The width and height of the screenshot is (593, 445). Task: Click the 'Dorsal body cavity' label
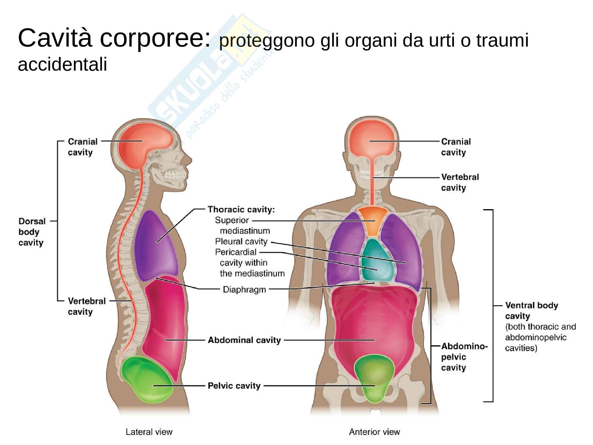pos(32,232)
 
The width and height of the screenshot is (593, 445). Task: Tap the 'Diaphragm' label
pos(244,290)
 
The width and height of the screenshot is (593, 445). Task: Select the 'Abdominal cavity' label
pos(244,340)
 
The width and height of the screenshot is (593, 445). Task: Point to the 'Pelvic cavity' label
pos(234,386)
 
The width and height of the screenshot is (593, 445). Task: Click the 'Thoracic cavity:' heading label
pos(241,210)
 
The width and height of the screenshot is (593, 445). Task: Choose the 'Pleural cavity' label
pos(241,241)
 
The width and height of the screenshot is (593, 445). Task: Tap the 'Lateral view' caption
pos(149,432)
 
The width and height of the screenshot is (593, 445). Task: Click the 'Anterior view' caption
pos(374,432)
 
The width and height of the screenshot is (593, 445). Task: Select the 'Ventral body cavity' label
pos(531,311)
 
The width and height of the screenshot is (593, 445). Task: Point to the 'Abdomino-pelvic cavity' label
pos(464,357)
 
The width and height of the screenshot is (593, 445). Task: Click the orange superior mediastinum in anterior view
pos(372,221)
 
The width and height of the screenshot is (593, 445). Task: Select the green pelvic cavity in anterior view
pos(374,377)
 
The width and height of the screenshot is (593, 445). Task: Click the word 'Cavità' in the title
pos(55,39)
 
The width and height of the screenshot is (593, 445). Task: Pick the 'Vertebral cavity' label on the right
pos(460,182)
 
